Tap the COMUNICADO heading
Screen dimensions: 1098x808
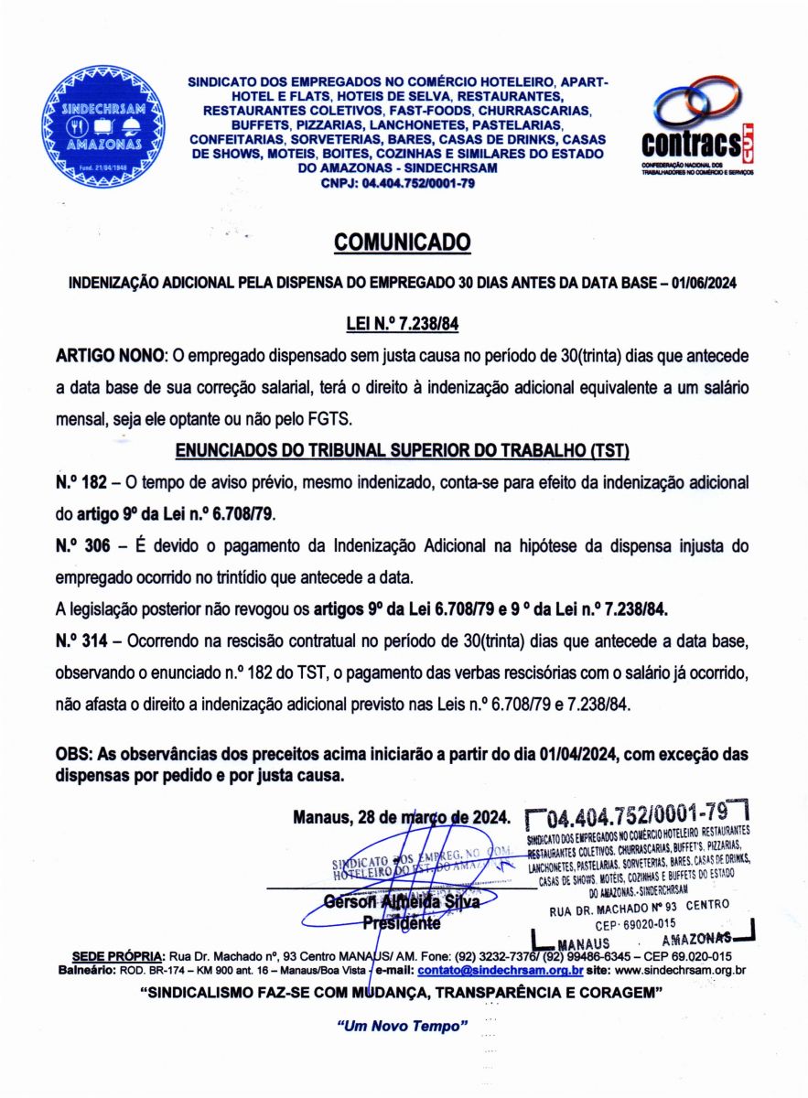pyautogui.click(x=403, y=242)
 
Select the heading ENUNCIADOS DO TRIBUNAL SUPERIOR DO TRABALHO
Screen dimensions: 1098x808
pyautogui.click(x=403, y=451)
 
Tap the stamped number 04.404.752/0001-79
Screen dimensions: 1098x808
pyautogui.click(x=637, y=813)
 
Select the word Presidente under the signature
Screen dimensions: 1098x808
pyautogui.click(x=402, y=923)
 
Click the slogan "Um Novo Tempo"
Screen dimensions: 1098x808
pyautogui.click(x=404, y=1026)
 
